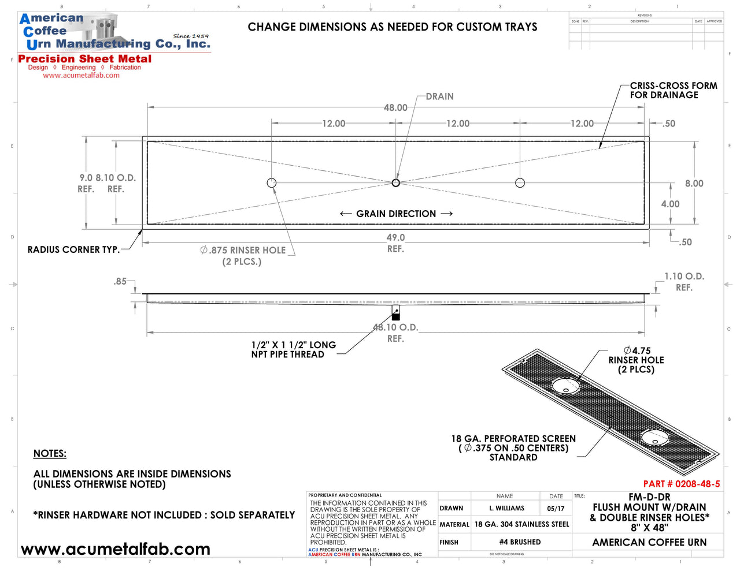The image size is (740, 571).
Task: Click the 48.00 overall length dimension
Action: point(395,107)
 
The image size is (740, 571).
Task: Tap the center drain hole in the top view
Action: point(396,183)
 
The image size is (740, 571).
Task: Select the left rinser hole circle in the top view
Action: point(272,183)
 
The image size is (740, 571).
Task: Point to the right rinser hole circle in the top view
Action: point(520,183)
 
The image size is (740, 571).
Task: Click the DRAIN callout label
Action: point(439,96)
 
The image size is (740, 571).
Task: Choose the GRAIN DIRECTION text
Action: point(396,214)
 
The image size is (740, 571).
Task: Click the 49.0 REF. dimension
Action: point(395,242)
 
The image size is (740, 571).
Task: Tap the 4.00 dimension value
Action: point(670,204)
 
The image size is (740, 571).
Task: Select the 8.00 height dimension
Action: point(694,184)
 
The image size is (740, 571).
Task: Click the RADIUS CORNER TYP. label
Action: point(73,250)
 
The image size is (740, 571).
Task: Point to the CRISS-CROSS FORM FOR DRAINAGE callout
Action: point(673,90)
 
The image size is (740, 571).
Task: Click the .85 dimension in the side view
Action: point(120,281)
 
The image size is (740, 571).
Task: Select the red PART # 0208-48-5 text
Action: point(682,484)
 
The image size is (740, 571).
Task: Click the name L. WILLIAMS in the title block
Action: point(506,509)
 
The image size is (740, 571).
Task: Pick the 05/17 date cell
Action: point(556,509)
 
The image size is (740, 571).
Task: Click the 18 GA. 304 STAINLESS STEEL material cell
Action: point(521,524)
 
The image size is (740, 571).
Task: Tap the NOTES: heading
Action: point(50,454)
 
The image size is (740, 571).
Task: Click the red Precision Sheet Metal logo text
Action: point(85,59)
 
